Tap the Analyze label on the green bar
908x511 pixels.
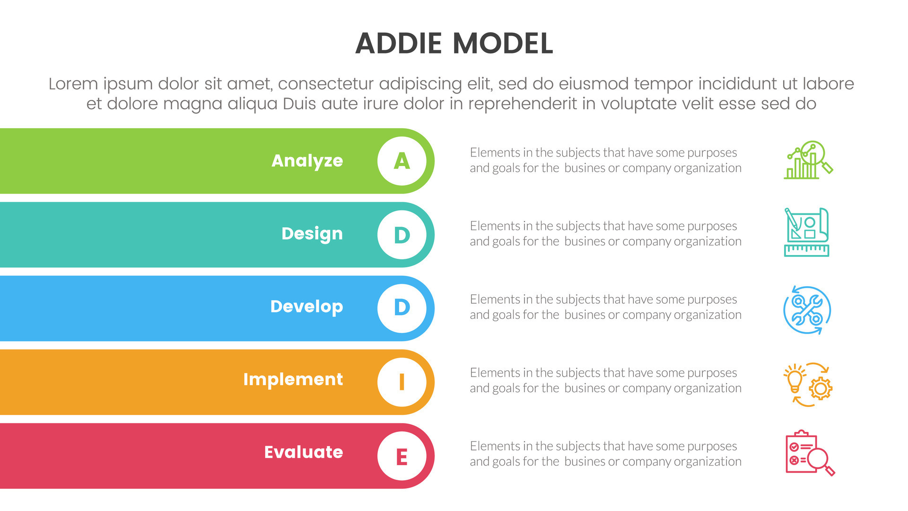(307, 161)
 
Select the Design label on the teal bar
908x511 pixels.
(312, 234)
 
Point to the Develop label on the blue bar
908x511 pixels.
(306, 307)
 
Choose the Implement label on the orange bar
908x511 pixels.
(293, 379)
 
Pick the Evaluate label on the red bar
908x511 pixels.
(303, 452)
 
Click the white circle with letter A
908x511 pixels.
(402, 161)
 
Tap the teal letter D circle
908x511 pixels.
(402, 235)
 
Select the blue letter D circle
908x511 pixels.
(402, 308)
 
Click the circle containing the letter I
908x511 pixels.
(402, 381)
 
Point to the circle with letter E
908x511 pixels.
(402, 456)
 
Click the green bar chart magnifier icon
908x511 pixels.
(808, 160)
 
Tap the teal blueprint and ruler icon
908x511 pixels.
(807, 232)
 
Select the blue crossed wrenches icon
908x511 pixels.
(807, 310)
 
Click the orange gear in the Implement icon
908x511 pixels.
(821, 389)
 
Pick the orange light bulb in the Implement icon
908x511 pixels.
(794, 379)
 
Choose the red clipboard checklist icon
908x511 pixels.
(809, 453)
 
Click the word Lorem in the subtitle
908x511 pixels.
(73, 84)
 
